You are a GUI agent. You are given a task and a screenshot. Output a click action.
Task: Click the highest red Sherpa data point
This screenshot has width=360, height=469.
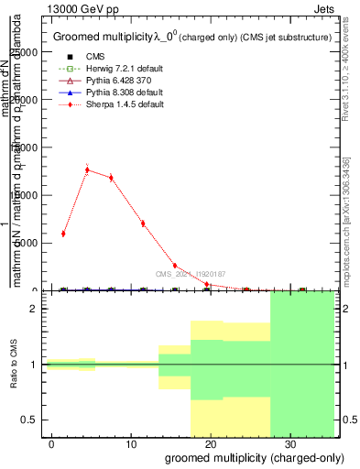coord(87,169)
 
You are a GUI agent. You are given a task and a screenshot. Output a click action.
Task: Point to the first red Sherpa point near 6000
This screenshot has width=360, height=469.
coord(63,234)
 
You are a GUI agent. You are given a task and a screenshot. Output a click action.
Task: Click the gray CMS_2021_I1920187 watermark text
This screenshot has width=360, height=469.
coord(191,274)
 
